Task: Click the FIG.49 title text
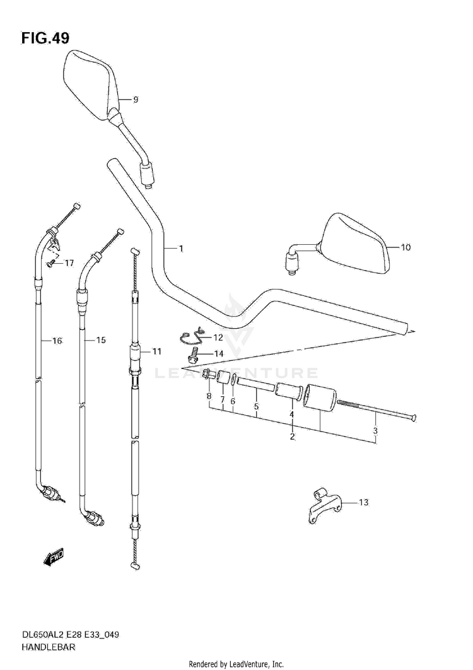[x=45, y=38]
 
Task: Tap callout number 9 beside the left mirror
[x=135, y=100]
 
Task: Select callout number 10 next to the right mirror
[x=405, y=247]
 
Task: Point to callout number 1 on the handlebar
[x=180, y=249]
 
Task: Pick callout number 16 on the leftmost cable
[x=57, y=341]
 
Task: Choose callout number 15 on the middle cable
[x=100, y=341]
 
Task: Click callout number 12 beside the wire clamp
[x=218, y=338]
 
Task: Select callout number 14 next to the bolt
[x=219, y=353]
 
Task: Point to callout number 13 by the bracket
[x=363, y=503]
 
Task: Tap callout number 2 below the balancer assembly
[x=293, y=436]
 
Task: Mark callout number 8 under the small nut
[x=209, y=396]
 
